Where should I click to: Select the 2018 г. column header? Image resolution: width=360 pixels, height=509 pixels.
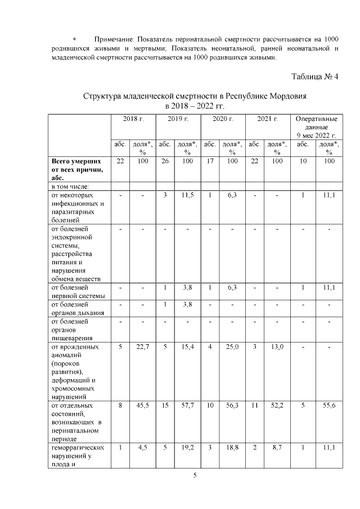point(133,119)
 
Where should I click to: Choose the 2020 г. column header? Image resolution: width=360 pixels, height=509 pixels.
point(223,119)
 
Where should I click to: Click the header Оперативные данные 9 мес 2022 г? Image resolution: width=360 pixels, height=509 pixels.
point(316,127)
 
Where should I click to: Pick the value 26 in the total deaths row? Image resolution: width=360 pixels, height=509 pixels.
point(164,161)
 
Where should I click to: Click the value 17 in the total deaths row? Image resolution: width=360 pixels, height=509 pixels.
point(209,161)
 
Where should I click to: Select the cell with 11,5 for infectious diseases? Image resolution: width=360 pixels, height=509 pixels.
point(186,195)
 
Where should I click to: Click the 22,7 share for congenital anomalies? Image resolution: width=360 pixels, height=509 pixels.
point(142,347)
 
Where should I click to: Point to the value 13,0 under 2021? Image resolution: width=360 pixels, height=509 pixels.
point(277,347)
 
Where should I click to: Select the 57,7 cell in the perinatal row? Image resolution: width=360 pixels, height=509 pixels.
point(186,405)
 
